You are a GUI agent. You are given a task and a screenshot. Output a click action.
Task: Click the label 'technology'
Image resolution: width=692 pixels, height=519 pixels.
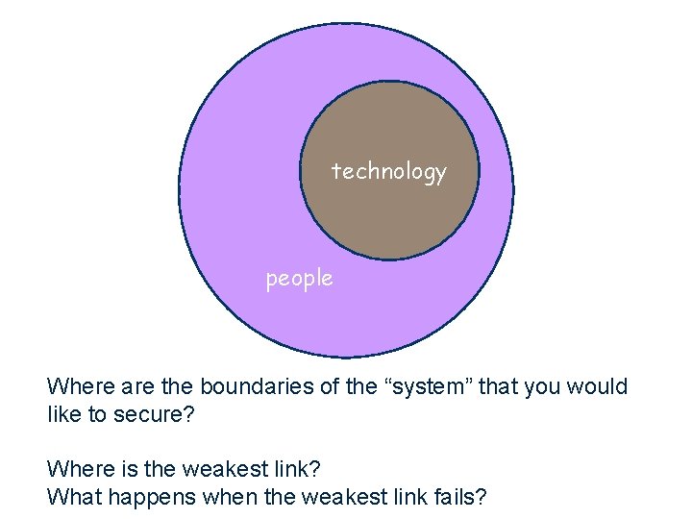tap(388, 172)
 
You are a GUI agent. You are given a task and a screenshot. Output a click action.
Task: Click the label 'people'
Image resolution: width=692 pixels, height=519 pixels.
tap(299, 279)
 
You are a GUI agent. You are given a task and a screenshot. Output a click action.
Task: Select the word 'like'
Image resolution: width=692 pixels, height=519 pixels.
tap(63, 415)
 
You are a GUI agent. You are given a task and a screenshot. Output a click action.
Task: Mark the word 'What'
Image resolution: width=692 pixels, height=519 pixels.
tap(71, 497)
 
